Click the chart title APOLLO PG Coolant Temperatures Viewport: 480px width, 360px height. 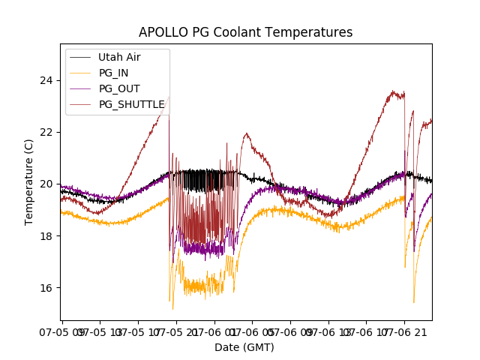pyautogui.click(x=245, y=32)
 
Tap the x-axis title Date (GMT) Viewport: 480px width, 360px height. pyautogui.click(x=244, y=347)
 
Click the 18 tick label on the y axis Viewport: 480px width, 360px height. pyautogui.click(x=48, y=236)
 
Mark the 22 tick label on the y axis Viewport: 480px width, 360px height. pyautogui.click(x=48, y=132)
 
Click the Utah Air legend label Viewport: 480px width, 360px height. pyautogui.click(x=119, y=57)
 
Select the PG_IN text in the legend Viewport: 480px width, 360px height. pyautogui.click(x=114, y=73)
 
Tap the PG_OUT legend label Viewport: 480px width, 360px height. pyautogui.click(x=119, y=88)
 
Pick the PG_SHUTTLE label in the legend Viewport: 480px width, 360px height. pyautogui.click(x=131, y=104)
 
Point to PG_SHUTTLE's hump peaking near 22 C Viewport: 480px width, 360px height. pyautogui.click(x=246, y=134)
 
